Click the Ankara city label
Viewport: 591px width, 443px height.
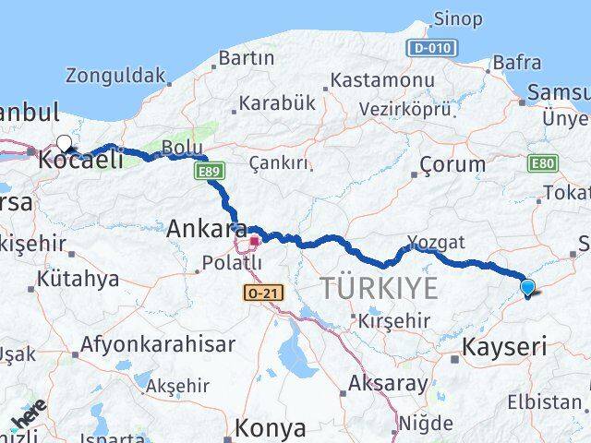click(x=206, y=227)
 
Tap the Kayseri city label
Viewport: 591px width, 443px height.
click(x=503, y=348)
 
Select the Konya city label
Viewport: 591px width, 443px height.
click(x=270, y=428)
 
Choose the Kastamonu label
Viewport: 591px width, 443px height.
click(x=382, y=79)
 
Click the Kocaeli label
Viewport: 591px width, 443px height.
click(x=80, y=160)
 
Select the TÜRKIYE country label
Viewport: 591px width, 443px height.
click(x=380, y=288)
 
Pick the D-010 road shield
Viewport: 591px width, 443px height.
click(x=430, y=48)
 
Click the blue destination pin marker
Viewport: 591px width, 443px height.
click(x=527, y=287)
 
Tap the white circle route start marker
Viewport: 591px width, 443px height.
click(x=64, y=142)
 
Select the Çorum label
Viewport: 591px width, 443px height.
click(x=452, y=164)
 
